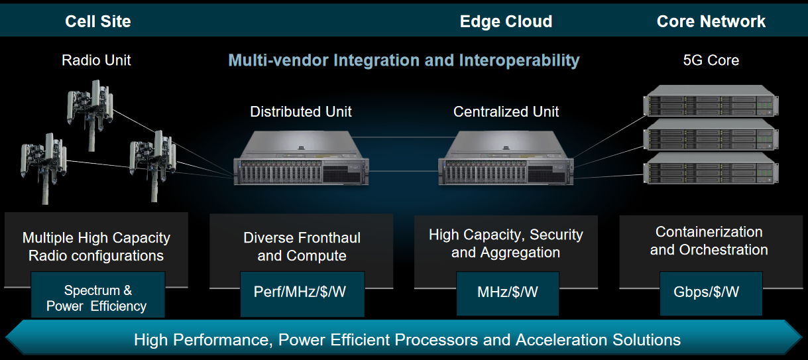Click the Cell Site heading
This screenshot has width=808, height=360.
point(97,21)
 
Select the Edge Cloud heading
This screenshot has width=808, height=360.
point(506,21)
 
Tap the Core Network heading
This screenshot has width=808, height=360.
point(711,21)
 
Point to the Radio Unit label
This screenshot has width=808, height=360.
point(96,60)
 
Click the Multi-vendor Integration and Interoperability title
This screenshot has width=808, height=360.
point(404,60)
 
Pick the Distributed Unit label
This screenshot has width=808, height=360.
point(301,111)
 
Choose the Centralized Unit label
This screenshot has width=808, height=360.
point(506,111)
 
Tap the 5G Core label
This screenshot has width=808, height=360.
point(711,60)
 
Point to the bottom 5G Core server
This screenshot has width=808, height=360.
point(711,169)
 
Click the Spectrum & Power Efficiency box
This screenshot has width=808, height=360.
point(97,298)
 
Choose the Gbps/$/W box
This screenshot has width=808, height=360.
point(711,292)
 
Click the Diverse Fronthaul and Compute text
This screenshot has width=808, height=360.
point(302,247)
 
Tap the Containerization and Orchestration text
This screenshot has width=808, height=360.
point(709,241)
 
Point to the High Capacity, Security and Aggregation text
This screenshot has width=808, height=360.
point(506,243)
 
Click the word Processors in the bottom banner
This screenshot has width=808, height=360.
point(433,340)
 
